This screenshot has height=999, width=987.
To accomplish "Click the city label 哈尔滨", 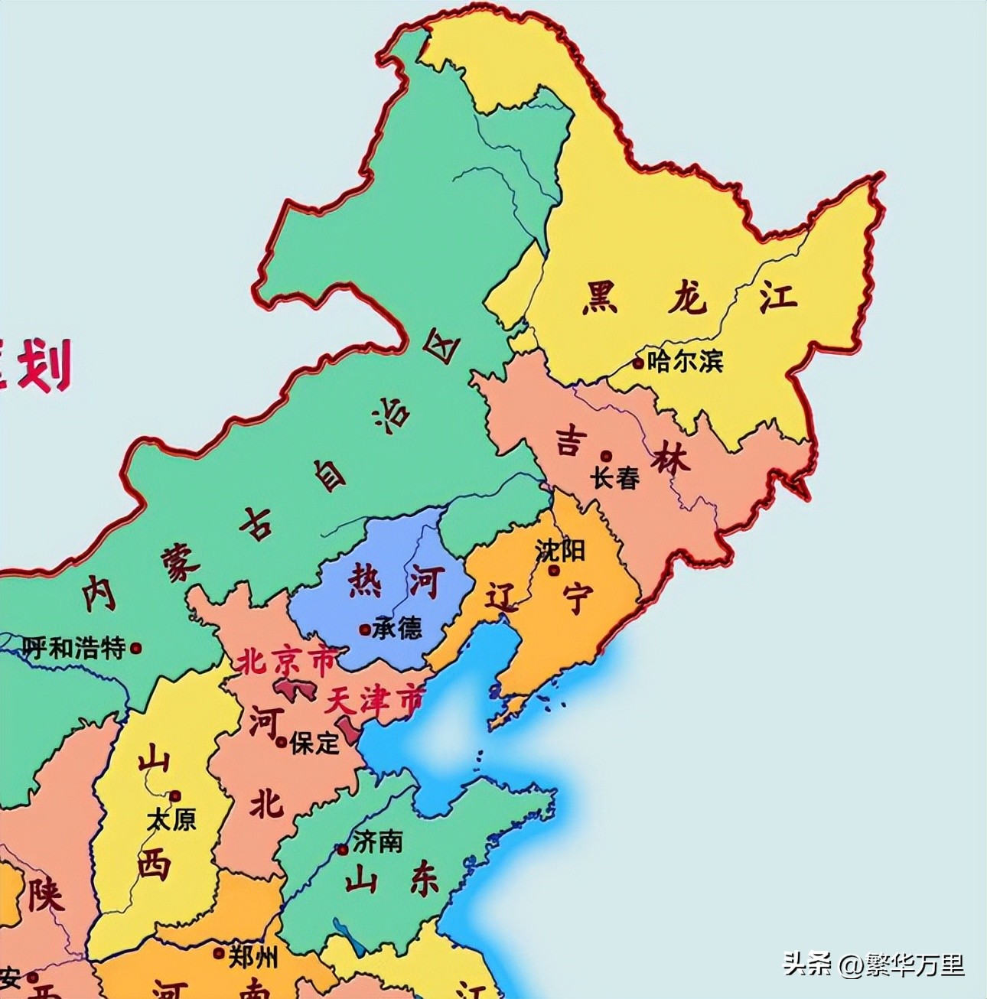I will click(685, 361).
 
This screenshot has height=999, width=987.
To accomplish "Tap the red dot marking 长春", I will click(606, 456).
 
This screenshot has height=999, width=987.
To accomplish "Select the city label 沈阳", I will click(560, 550).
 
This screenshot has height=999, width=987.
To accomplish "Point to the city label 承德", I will click(397, 629).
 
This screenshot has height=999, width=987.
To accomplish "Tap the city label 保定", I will click(314, 742).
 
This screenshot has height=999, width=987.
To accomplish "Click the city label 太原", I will click(171, 819).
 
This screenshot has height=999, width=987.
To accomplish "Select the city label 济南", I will click(376, 842).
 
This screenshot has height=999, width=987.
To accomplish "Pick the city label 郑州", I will click(252, 955).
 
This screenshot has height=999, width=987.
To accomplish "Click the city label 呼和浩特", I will click(73, 649).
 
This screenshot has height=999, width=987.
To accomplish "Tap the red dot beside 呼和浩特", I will click(136, 648).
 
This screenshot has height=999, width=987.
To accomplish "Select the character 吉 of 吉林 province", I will click(570, 441).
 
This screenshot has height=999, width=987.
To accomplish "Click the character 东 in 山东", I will click(424, 880).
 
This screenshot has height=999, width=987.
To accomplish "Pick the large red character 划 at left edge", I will click(44, 366).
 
